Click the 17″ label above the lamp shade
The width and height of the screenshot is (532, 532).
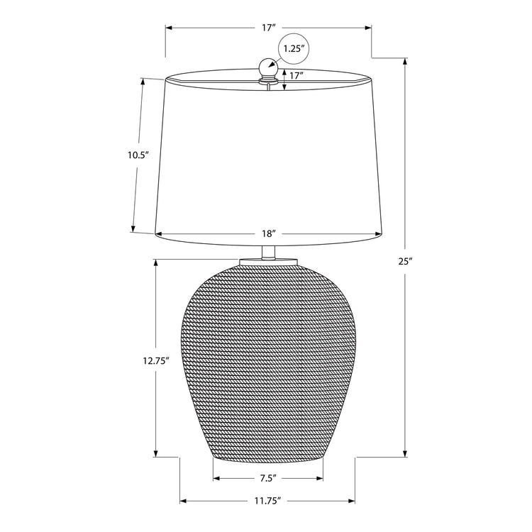coord(268,28)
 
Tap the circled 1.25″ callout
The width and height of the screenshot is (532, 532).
coord(293,49)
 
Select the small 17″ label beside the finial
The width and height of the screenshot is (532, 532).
coord(296,75)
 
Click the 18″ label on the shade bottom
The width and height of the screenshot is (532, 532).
coord(268,233)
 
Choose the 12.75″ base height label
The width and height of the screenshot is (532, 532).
coord(154,360)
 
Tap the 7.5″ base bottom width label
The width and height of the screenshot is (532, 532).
coord(267,479)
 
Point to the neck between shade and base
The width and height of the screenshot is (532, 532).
coord(268,251)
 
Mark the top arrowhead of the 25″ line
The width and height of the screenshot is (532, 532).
coord(405,61)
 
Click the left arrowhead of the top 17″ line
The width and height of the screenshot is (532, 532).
coord(170,28)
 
